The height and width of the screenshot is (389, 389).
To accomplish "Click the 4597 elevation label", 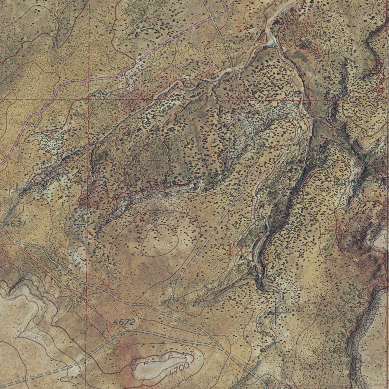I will (103, 94).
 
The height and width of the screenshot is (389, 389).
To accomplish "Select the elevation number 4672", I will (124, 322).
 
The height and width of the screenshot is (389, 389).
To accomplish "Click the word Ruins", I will (346, 182).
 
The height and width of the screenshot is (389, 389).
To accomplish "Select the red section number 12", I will (235, 250).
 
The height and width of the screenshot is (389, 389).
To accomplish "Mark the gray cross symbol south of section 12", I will (276, 313).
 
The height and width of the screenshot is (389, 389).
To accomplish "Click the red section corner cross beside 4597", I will (89, 98).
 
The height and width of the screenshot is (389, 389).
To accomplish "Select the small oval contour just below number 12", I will (242, 268).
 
